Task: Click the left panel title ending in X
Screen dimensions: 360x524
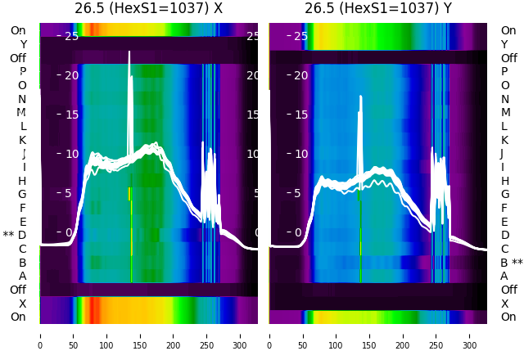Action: [148, 9]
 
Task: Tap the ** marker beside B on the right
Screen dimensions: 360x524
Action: [517, 263]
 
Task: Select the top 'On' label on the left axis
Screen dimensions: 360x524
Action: [18, 30]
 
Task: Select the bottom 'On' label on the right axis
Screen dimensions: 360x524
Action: [508, 317]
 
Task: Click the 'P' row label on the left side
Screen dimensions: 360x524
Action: [23, 72]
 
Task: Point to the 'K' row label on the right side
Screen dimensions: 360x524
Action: [504, 140]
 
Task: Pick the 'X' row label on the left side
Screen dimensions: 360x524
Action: [23, 304]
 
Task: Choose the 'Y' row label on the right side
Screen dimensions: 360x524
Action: [504, 44]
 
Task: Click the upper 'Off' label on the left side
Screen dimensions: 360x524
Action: [18, 58]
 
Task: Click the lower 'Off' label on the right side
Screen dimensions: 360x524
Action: [508, 290]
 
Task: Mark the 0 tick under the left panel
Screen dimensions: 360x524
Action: [40, 335]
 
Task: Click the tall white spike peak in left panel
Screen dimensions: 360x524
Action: [129, 52]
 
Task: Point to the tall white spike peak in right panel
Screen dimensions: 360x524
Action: [360, 97]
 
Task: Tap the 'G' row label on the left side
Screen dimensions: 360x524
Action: [22, 194]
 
